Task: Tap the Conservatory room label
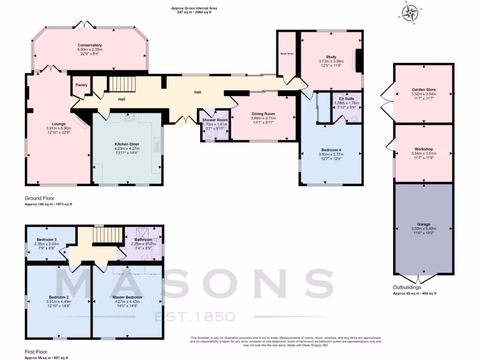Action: pos(90,45)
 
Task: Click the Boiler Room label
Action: pos(287,54)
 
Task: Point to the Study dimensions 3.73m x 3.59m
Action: pos(331,61)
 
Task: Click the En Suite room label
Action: pos(347,99)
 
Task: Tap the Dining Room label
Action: pos(263,113)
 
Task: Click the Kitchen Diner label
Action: pos(127,144)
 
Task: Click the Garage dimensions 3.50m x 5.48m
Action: pos(423,229)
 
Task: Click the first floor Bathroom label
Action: pos(143,240)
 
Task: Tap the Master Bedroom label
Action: pos(127,297)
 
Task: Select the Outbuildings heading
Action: pos(406,287)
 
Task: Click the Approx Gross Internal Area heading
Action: pos(194,8)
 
